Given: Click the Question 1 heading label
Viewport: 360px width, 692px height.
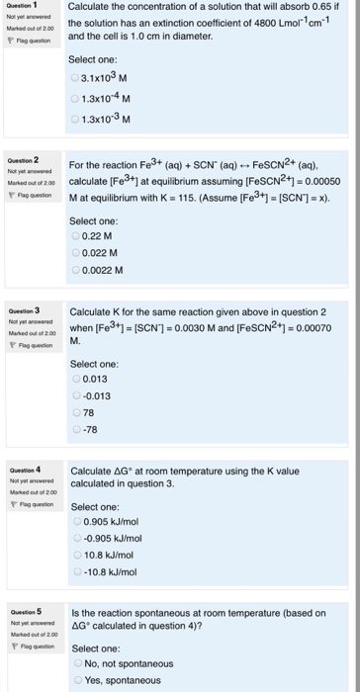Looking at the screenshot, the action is pyautogui.click(x=22, y=4).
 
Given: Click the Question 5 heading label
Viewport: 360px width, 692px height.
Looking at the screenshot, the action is pyautogui.click(x=22, y=613).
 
